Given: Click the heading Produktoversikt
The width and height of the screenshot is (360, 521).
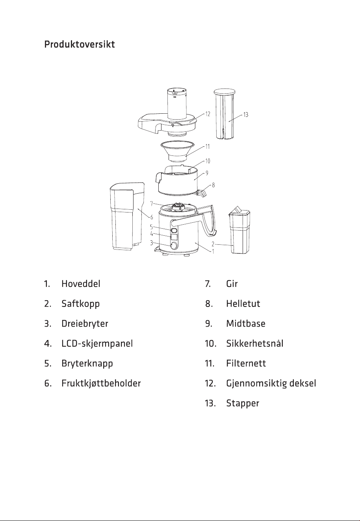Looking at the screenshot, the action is pos(80,44).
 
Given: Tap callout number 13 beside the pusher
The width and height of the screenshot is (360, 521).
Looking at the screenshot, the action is pos(246,115).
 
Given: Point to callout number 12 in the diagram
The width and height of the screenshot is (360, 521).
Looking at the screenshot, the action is pos(208,114).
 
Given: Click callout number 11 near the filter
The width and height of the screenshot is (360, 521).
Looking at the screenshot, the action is pos(208,146).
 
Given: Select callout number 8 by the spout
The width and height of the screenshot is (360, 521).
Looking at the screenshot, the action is pos(213,185).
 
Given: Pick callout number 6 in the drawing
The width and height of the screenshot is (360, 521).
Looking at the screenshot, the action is pos(152,217).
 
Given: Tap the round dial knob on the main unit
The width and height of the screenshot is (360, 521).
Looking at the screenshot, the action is pos(173,246).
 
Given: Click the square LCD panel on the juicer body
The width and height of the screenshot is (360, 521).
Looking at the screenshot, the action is pos(174,237).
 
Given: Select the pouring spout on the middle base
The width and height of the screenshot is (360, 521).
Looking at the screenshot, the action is pos(202,194).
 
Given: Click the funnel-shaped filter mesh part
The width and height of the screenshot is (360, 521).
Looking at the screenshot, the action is pos(177,151).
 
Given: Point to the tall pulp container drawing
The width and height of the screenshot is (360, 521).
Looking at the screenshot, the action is pos(127,216).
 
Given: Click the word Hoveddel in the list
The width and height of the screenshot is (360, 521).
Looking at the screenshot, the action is pos(81,284).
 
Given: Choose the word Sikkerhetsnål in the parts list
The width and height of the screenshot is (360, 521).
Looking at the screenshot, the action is pos(255,344).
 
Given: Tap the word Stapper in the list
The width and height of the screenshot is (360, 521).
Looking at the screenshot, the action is pos(243,403).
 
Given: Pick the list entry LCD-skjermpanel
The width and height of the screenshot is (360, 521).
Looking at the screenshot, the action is pos(97,344).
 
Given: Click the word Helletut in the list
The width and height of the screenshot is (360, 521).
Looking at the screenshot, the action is pos(243,304).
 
